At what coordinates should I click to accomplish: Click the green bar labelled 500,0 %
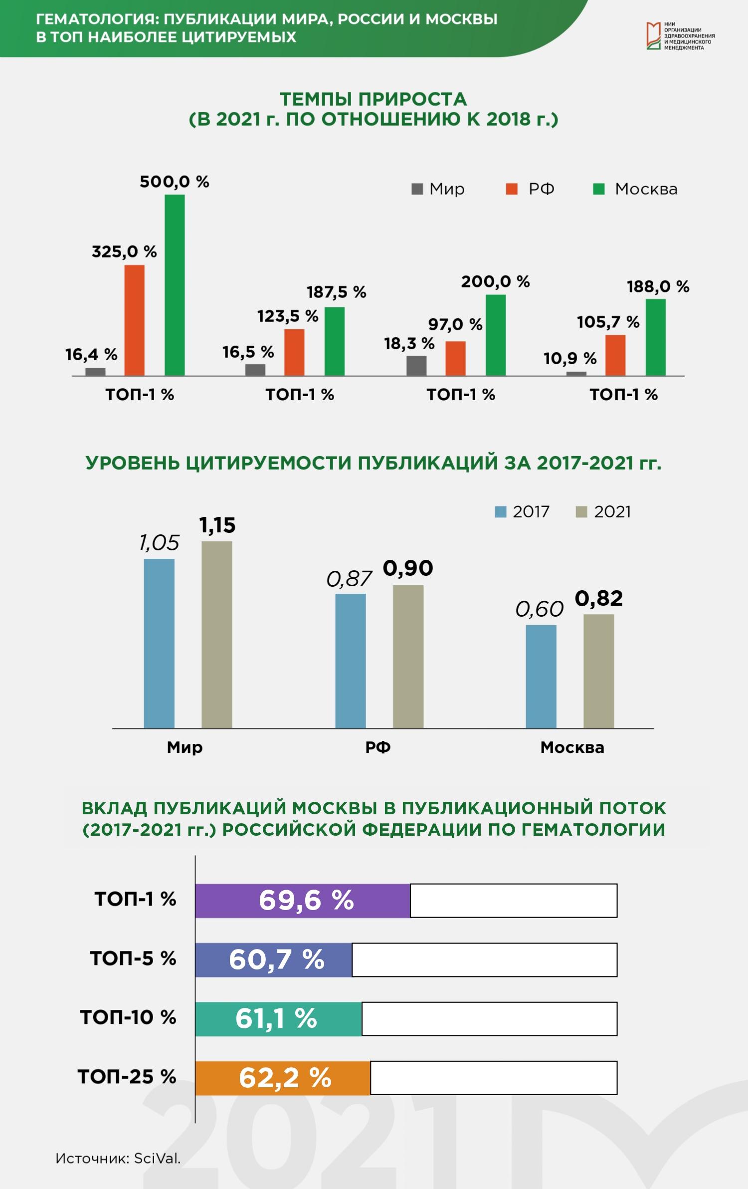click(x=175, y=285)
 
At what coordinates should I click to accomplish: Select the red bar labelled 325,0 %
click(x=135, y=320)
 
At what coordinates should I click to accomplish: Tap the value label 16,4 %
click(x=91, y=355)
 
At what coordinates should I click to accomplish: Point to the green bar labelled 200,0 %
click(x=496, y=335)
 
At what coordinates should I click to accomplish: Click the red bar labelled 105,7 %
click(x=615, y=355)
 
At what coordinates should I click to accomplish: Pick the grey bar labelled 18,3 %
click(x=416, y=366)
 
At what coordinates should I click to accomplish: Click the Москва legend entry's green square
click(x=599, y=189)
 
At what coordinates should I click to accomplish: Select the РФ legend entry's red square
click(x=512, y=189)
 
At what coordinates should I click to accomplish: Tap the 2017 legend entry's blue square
click(x=501, y=512)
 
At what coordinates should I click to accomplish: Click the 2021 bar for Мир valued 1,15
click(x=217, y=635)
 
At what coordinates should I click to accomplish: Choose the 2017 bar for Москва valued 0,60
click(x=541, y=677)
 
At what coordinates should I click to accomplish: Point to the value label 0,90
click(x=408, y=568)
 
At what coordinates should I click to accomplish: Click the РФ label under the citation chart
click(x=378, y=747)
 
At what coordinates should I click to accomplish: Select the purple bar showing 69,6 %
click(x=303, y=901)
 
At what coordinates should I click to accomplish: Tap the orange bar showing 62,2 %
click(x=283, y=1078)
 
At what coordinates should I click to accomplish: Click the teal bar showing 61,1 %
click(x=279, y=1019)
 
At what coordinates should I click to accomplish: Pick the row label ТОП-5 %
click(x=133, y=958)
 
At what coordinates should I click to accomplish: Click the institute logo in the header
click(x=681, y=36)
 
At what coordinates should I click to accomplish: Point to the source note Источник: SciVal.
click(x=118, y=1158)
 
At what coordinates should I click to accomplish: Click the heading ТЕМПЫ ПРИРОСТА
click(x=374, y=99)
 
